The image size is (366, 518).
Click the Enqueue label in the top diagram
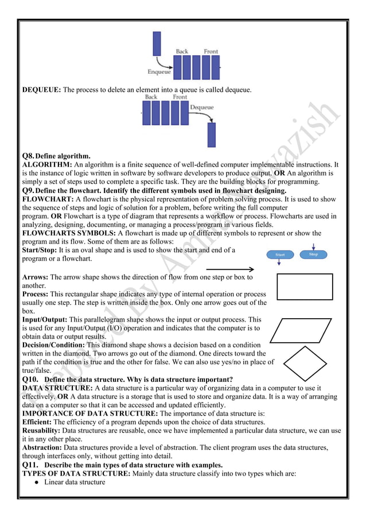(158, 72)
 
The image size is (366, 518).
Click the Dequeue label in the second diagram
(201, 107)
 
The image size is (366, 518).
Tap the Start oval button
(281, 254)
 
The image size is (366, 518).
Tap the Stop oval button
(313, 254)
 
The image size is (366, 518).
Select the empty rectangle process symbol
(304, 287)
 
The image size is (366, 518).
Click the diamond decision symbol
(307, 363)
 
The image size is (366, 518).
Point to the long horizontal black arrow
(229, 269)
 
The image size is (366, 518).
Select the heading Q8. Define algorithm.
(56, 156)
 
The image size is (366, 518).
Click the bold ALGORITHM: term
(46, 164)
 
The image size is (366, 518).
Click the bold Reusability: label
(41, 430)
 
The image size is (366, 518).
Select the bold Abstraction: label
(42, 447)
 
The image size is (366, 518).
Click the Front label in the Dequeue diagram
(180, 97)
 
